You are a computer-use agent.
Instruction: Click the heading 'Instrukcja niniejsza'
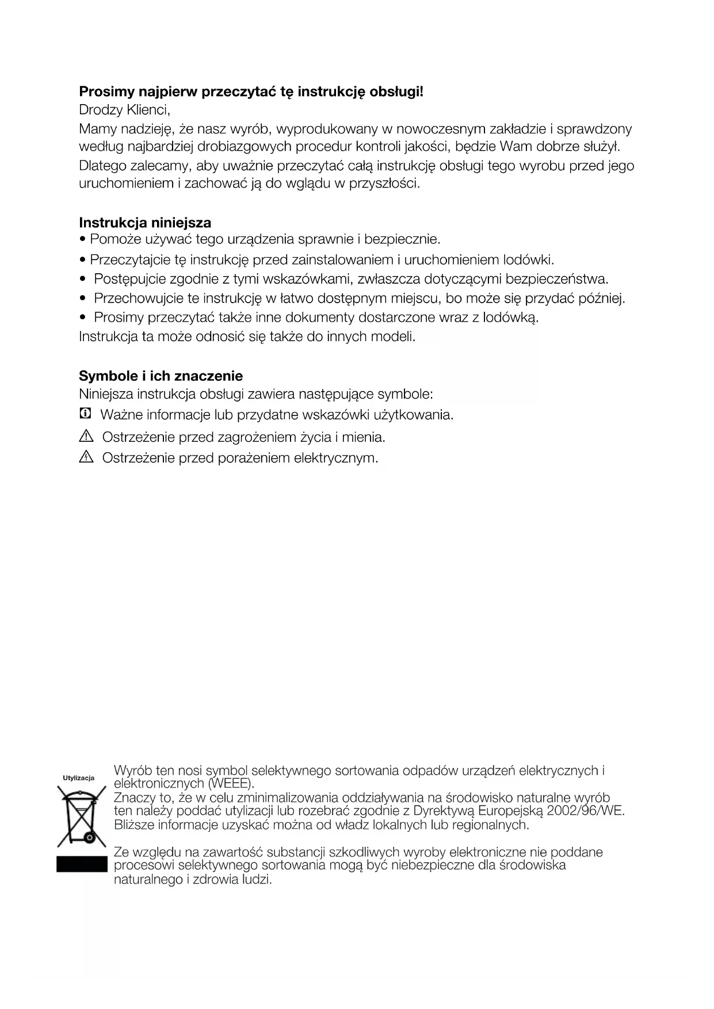click(145, 223)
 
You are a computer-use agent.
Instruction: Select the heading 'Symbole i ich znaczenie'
click(161, 376)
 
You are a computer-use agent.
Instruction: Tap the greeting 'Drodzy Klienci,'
click(124, 109)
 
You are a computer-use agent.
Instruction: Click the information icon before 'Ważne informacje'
click(85, 414)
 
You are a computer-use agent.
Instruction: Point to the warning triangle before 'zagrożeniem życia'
click(86, 437)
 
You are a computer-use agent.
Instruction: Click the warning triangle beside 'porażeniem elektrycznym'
click(86, 458)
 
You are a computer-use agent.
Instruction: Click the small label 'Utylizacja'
click(78, 778)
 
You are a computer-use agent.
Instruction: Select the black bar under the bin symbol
click(82, 865)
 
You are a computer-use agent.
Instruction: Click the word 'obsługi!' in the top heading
click(396, 91)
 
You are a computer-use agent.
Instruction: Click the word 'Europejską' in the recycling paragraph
click(510, 811)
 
